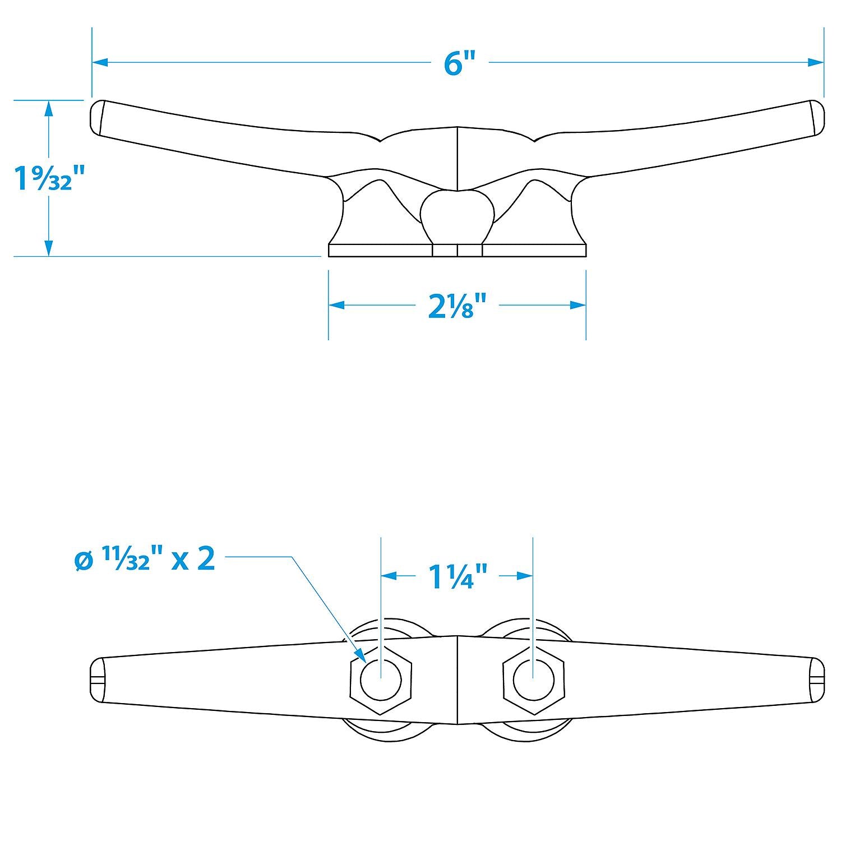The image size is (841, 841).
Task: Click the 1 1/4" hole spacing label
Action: (x=457, y=576)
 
